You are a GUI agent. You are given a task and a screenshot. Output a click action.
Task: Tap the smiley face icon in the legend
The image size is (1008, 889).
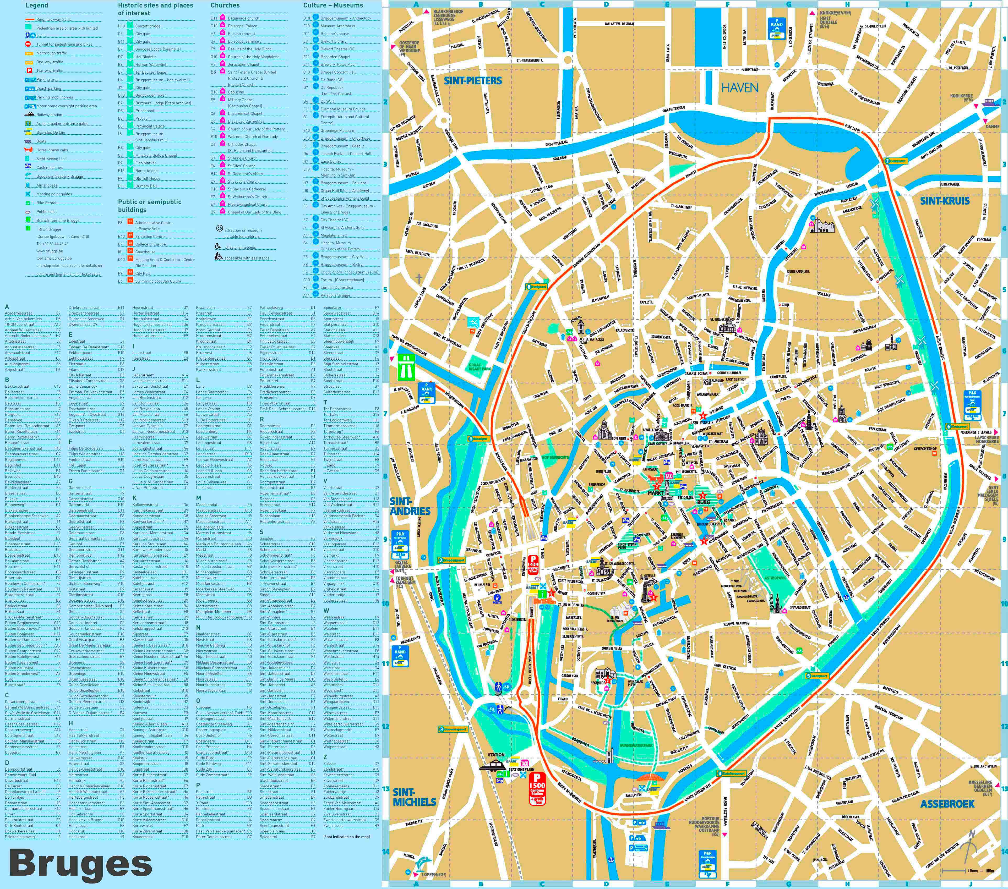(x=220, y=228)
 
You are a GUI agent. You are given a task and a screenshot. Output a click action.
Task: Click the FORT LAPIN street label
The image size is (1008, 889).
(x=852, y=128)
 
